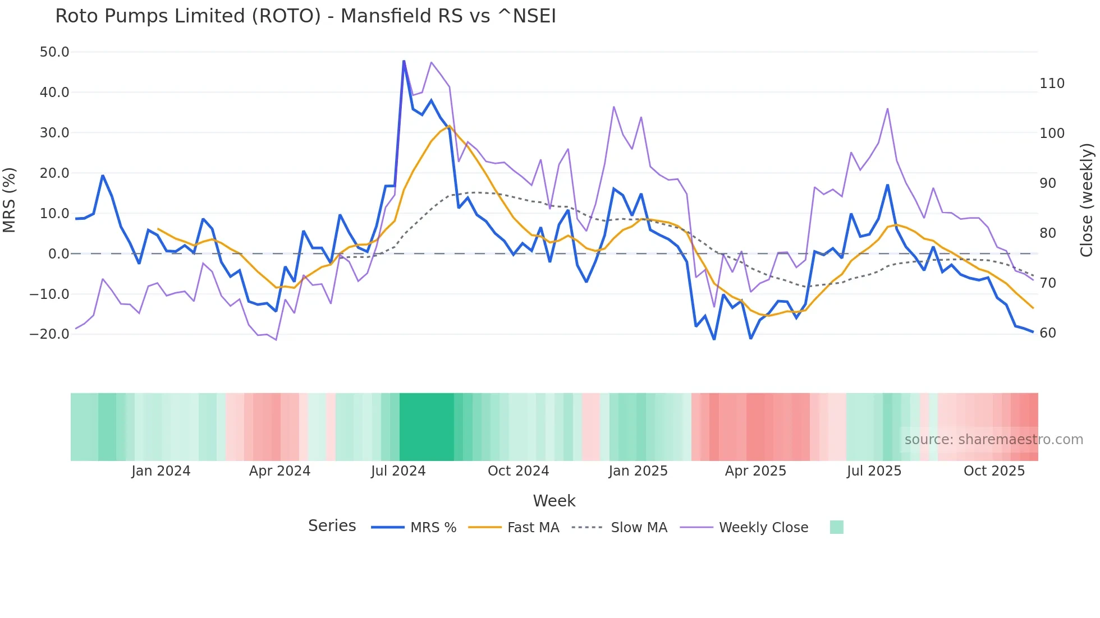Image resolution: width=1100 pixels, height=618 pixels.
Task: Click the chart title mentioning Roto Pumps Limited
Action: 305,16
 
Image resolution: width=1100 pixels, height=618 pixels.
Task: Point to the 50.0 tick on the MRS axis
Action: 54,52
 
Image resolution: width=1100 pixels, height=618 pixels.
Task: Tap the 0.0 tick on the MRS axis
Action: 58,254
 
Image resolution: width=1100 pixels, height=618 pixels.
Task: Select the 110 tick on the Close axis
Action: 1052,84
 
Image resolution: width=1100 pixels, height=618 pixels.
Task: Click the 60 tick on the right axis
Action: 1047,333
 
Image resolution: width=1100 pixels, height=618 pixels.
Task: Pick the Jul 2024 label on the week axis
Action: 398,471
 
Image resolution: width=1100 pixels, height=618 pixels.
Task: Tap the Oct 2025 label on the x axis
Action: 994,471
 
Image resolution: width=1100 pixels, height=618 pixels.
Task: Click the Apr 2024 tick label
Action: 279,471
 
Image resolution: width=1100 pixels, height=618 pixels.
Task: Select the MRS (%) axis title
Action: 10,200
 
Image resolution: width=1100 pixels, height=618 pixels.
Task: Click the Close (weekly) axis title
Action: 1087,200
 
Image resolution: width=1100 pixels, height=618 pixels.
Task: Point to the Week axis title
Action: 554,501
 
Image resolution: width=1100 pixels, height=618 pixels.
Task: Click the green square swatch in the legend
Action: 836,527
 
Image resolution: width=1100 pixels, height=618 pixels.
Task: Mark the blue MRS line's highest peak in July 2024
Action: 404,61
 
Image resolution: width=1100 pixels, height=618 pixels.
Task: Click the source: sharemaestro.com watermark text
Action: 993,440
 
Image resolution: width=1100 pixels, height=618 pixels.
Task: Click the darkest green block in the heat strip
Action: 427,427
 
